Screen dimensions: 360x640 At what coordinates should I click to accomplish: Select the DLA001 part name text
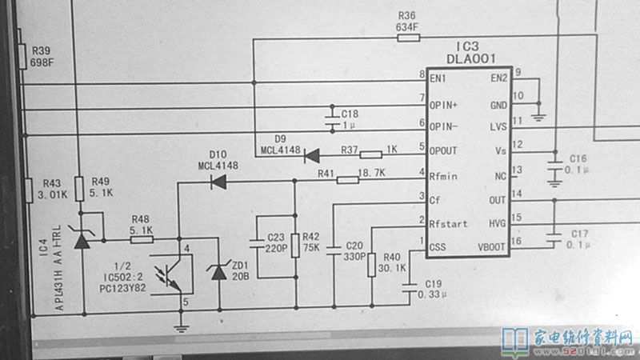[471, 59]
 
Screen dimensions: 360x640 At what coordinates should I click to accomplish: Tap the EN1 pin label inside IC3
[438, 78]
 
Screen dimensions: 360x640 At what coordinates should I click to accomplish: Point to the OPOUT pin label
[443, 150]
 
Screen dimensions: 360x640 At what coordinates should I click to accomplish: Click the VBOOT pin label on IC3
[491, 247]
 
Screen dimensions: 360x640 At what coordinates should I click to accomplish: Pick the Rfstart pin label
[447, 223]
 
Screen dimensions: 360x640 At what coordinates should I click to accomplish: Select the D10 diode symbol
[217, 182]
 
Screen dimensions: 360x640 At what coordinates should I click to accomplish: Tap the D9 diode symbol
[310, 154]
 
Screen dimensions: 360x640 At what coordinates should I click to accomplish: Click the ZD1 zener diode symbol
[219, 272]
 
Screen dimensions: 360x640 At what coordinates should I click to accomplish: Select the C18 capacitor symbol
[333, 121]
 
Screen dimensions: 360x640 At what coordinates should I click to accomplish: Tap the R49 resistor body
[79, 190]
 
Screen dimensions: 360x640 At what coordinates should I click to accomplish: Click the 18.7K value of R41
[372, 173]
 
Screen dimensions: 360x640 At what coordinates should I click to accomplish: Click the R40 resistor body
[372, 264]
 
